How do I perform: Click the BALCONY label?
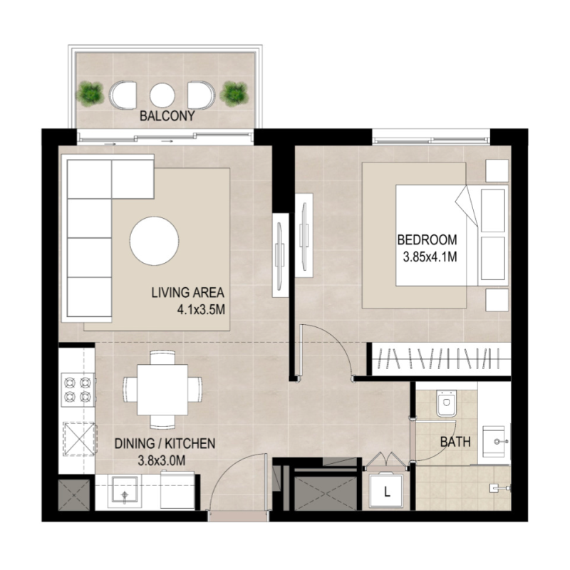click(167, 115)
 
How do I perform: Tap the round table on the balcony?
click(163, 94)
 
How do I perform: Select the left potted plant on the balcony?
click(90, 93)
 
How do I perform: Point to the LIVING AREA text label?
click(187, 292)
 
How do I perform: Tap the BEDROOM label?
click(427, 239)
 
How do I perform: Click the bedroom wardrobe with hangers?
click(442, 358)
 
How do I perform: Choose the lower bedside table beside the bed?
click(497, 299)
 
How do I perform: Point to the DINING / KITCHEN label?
click(165, 444)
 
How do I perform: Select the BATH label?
click(455, 442)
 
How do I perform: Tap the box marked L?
click(387, 491)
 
